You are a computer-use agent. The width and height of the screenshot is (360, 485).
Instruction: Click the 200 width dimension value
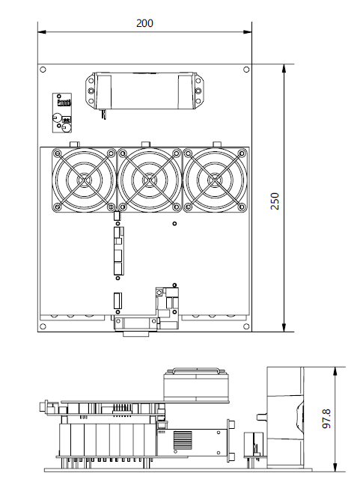click(144, 23)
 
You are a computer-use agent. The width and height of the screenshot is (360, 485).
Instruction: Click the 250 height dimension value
click(275, 201)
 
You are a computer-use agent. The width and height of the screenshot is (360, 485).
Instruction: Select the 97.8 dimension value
click(326, 419)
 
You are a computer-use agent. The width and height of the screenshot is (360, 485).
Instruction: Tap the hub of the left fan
click(84, 180)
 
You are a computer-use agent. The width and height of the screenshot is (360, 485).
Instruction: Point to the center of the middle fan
click(150, 180)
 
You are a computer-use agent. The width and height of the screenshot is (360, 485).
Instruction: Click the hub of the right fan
click(216, 180)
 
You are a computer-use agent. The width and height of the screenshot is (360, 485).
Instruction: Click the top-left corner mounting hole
click(43, 70)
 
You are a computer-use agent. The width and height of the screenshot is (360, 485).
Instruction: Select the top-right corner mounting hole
click(246, 70)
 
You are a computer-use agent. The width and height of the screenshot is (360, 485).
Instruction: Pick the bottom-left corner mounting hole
click(43, 326)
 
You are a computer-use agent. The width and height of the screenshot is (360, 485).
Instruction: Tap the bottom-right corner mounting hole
click(246, 326)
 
